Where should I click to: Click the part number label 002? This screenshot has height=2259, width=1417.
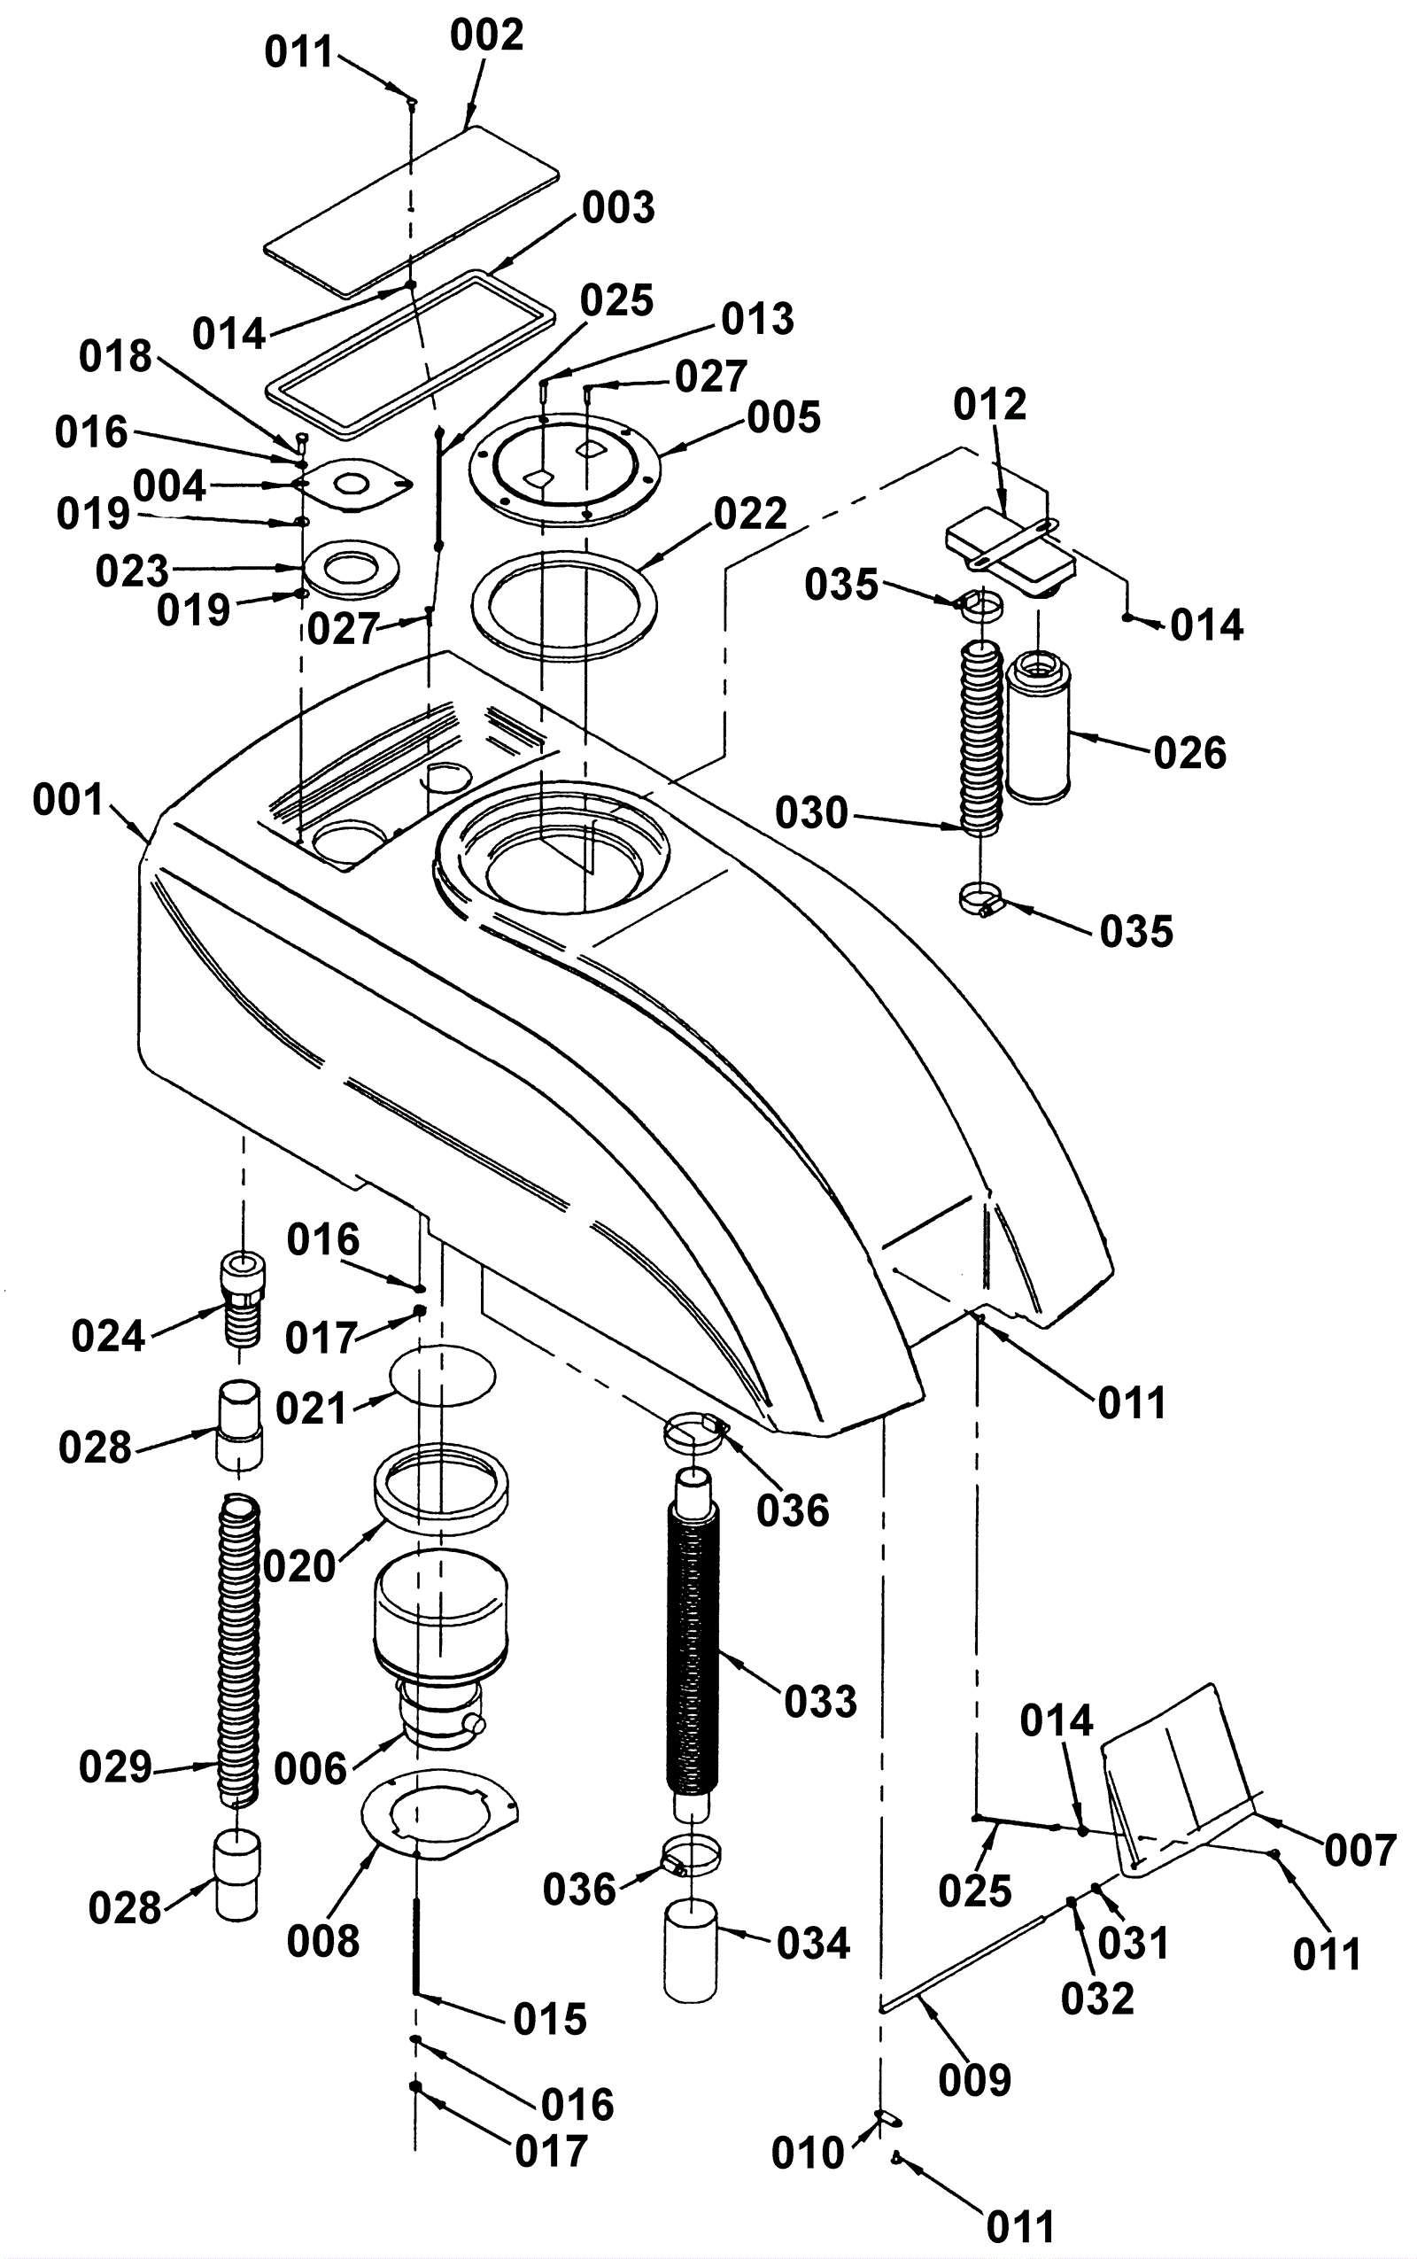click(x=486, y=36)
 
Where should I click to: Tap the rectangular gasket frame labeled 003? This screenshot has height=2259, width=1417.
click(x=406, y=353)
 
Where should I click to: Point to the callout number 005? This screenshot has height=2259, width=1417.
click(x=785, y=418)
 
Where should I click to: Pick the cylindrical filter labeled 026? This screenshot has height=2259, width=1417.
click(x=1037, y=727)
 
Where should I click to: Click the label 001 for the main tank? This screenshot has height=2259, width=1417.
click(x=68, y=802)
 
